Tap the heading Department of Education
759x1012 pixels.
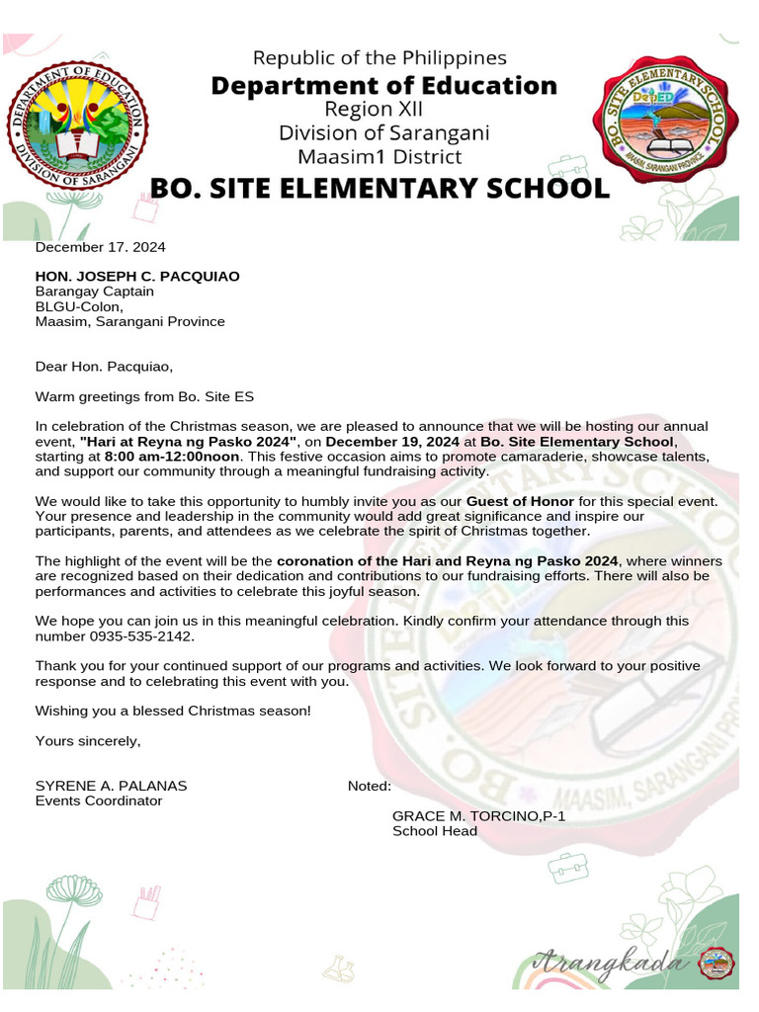(x=383, y=86)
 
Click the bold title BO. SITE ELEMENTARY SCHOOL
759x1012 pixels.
(x=379, y=188)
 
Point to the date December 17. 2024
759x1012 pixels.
(x=101, y=247)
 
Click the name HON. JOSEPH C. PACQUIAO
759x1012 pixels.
(x=137, y=277)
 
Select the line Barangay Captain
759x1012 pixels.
(x=95, y=292)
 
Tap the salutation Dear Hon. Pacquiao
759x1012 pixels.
(x=104, y=367)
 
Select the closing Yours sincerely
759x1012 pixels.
(x=89, y=740)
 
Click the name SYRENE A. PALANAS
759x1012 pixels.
(x=111, y=786)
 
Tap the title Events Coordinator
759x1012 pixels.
(x=99, y=801)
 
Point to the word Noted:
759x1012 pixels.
(x=370, y=786)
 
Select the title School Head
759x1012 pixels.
(x=435, y=831)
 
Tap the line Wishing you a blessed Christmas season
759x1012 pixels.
(x=173, y=711)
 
